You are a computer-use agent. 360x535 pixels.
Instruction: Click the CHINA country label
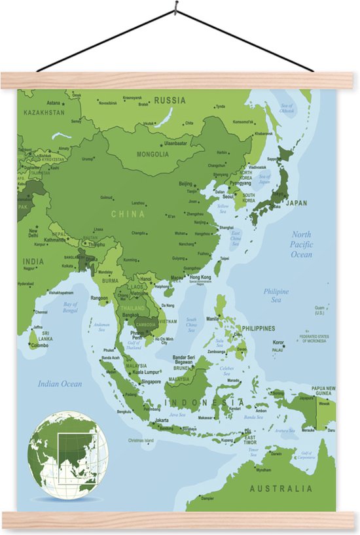(128, 214)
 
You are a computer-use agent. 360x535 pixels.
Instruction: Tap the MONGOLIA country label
(153, 154)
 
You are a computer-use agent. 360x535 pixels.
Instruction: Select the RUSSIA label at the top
(170, 101)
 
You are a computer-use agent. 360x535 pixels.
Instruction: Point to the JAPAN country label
(297, 203)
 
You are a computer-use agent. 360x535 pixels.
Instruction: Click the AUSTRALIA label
(281, 489)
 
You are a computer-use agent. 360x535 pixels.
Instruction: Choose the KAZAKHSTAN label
(44, 112)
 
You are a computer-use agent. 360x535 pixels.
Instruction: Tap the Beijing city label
(186, 184)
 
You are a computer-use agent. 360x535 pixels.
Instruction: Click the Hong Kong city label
(200, 277)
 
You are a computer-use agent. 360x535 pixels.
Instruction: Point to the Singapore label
(151, 381)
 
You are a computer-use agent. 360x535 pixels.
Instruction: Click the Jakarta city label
(162, 421)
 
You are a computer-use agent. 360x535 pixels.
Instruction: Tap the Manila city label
(213, 319)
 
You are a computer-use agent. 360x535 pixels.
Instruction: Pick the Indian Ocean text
(60, 384)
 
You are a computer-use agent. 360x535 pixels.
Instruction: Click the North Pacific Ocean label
(302, 244)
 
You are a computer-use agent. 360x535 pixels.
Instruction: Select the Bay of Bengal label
(70, 307)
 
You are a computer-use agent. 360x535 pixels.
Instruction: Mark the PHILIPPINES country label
(259, 328)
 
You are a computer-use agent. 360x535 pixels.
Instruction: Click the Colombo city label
(39, 346)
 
